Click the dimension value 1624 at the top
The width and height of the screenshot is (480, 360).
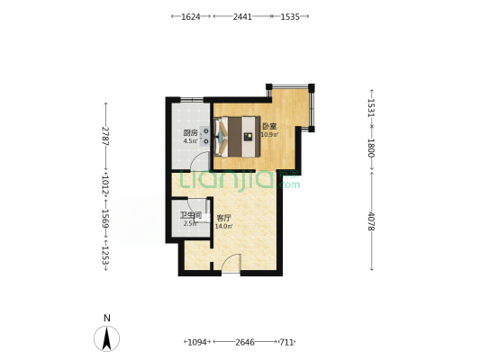click(x=191, y=16)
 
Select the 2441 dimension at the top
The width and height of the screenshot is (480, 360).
click(x=242, y=16)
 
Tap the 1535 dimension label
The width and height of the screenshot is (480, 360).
click(x=290, y=16)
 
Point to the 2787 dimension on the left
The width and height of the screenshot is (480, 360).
click(x=105, y=136)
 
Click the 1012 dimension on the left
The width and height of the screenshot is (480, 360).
click(x=105, y=184)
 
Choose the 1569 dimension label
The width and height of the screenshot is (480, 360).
click(x=105, y=219)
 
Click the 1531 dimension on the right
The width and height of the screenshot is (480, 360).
click(x=371, y=108)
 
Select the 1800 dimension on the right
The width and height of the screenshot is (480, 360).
click(x=371, y=148)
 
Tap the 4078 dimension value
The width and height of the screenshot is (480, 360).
click(x=371, y=220)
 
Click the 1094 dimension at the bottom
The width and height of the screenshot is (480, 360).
click(x=197, y=342)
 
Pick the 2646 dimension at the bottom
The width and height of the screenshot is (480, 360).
click(x=245, y=342)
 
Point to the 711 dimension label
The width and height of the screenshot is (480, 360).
click(x=286, y=342)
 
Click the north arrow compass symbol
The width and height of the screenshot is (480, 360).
click(x=106, y=338)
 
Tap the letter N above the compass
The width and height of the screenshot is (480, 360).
click(x=107, y=318)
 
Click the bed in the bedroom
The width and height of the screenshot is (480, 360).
click(x=238, y=137)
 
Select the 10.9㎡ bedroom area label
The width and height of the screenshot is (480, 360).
click(x=269, y=134)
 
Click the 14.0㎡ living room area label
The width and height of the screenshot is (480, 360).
click(x=223, y=226)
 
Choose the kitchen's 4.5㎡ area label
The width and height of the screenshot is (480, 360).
click(x=191, y=141)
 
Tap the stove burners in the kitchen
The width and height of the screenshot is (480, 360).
click(x=205, y=136)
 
